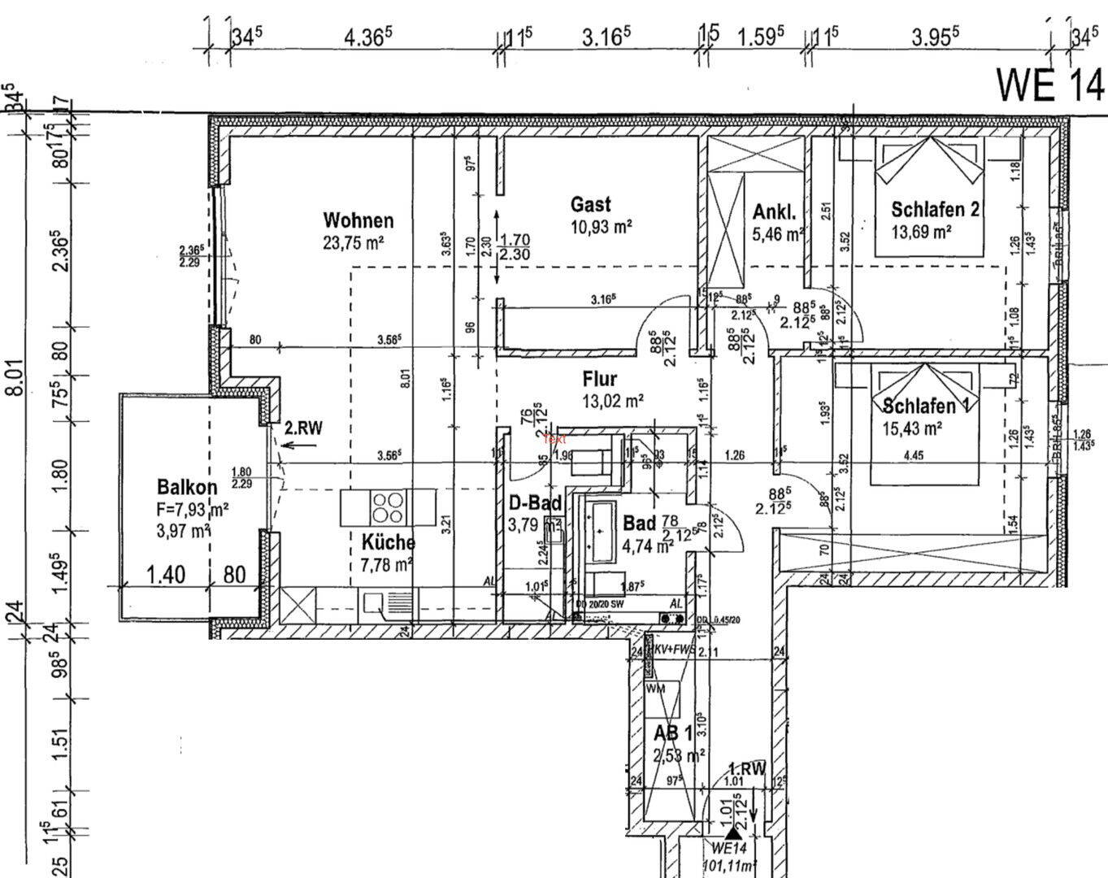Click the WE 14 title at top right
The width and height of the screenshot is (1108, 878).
pyautogui.click(x=1050, y=83)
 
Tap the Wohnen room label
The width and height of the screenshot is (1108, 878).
pyautogui.click(x=358, y=220)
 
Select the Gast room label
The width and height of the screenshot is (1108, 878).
pyautogui.click(x=590, y=205)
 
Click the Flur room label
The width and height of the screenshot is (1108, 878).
pyautogui.click(x=600, y=379)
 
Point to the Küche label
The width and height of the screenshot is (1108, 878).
pyautogui.click(x=388, y=542)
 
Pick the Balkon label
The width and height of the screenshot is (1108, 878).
pyautogui.click(x=187, y=488)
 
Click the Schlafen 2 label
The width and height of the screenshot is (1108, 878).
pyautogui.click(x=935, y=209)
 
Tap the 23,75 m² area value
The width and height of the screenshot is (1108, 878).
pyautogui.click(x=353, y=242)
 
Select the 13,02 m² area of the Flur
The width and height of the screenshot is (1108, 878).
pyautogui.click(x=613, y=400)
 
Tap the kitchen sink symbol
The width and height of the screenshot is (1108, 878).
pyautogui.click(x=375, y=602)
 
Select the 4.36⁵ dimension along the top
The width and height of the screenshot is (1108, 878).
pyautogui.click(x=368, y=39)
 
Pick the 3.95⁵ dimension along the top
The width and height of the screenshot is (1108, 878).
pyautogui.click(x=935, y=37)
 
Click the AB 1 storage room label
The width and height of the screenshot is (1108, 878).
pyautogui.click(x=672, y=734)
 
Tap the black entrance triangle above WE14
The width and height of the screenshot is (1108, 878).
pyautogui.click(x=734, y=832)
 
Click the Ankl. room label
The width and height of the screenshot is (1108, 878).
pyautogui.click(x=773, y=213)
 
